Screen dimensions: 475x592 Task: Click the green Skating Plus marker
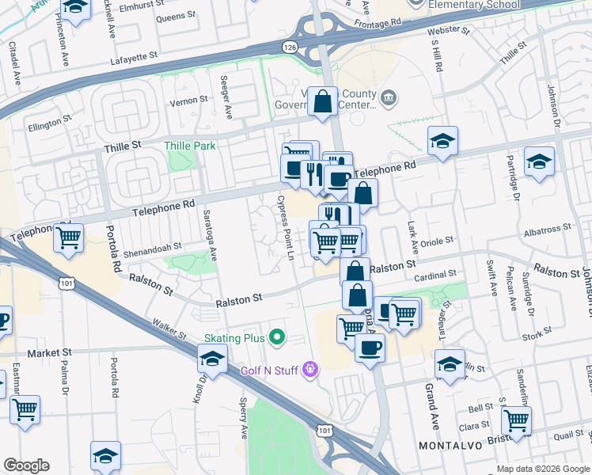[x=276, y=338]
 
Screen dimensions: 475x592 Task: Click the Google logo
[x=26, y=465]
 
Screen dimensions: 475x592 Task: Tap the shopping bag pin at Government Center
[x=323, y=102]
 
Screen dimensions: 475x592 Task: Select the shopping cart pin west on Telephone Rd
[x=69, y=237]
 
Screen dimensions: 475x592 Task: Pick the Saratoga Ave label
[x=210, y=237]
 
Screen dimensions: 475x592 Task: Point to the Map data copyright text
[x=541, y=469]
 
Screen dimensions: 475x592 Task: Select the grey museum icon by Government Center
[x=389, y=98]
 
